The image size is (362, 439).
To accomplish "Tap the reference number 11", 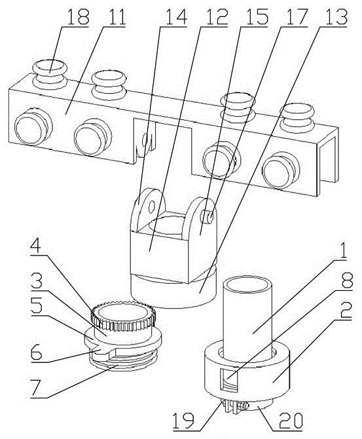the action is point(114,17).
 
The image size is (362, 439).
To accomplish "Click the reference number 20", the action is point(291,419).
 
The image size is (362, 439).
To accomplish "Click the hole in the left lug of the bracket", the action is point(152,207).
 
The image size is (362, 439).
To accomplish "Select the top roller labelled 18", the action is point(50,74).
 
